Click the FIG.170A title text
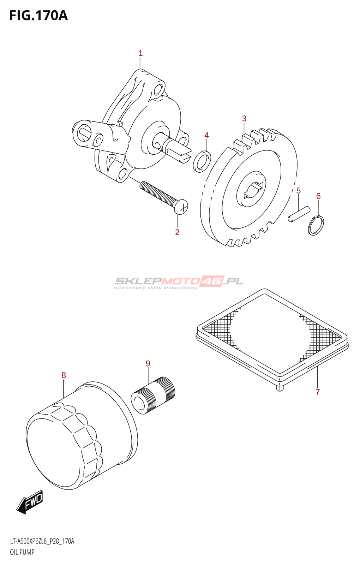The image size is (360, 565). pos(38,16)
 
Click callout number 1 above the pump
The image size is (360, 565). pos(140,53)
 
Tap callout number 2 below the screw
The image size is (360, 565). pos(177,232)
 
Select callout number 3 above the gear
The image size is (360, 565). pos(244,119)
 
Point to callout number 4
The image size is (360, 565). pos(207,135)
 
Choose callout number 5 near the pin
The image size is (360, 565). pos(299,191)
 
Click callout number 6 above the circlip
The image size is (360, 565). pos(318,196)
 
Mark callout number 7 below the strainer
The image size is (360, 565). pos(318,392)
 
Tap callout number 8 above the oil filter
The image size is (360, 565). pos(64,375)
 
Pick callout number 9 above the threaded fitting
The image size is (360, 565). pos(148,363)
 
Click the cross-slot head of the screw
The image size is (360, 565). pos(181,207)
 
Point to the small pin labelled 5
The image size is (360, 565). pos(299,214)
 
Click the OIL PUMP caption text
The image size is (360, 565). pos(22,552)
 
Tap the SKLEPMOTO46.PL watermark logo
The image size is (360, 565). pos(179,281)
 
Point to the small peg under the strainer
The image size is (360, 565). pos(280,388)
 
